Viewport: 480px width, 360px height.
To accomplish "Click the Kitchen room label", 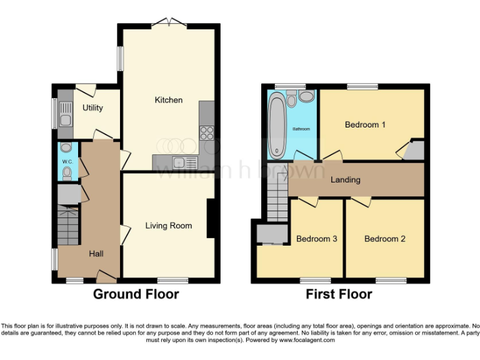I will [x=169, y=100].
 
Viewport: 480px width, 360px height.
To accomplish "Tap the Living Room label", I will [x=169, y=226].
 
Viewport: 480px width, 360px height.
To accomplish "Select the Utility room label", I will [x=92, y=107].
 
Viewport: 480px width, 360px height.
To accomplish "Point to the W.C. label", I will [x=67, y=162].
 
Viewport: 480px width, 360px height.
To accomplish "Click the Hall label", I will [x=96, y=254].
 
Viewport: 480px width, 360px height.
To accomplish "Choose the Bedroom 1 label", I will [x=365, y=124].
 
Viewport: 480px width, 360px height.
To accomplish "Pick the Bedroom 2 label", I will [x=385, y=239].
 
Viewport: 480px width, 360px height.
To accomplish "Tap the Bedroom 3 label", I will [x=316, y=239].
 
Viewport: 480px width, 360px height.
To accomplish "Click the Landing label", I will [x=345, y=180].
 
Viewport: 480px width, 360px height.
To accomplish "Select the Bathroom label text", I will [x=302, y=129].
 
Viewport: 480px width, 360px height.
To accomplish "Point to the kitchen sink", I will [x=186, y=163].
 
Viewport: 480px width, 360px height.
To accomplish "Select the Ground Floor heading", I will [x=136, y=294].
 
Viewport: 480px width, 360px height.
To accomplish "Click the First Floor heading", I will [x=339, y=294].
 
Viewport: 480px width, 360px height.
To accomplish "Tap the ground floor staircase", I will [x=68, y=226].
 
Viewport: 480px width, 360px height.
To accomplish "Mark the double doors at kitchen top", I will [x=170, y=22].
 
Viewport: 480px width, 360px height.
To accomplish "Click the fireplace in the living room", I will [x=212, y=219].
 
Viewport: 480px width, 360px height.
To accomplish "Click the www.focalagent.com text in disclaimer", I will [x=307, y=341].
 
